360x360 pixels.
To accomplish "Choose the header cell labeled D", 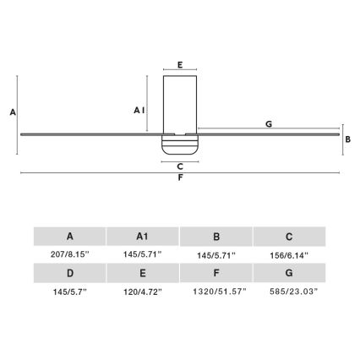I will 69,273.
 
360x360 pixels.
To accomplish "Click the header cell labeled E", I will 143,273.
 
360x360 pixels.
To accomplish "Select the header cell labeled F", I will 216,273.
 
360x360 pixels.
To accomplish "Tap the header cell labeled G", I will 289,273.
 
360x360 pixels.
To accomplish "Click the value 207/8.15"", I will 69,254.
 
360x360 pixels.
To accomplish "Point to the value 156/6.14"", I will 289,254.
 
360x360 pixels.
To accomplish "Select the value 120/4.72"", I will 143,291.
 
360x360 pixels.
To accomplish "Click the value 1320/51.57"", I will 216,291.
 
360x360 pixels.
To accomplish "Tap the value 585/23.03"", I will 289,291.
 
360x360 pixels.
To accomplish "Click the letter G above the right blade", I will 268,123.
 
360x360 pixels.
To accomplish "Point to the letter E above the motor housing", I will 179,63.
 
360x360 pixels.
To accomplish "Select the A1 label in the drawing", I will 139,110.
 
